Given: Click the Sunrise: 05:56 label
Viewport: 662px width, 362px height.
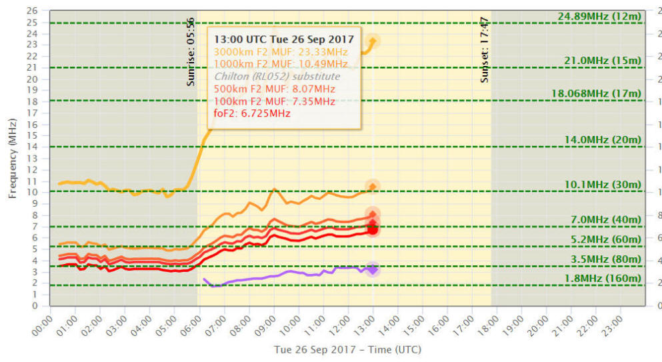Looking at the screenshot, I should (x=191, y=51).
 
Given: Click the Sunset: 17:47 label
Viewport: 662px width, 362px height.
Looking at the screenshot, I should (x=485, y=49).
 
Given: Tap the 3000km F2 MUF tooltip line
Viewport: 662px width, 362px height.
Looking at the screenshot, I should (x=281, y=51).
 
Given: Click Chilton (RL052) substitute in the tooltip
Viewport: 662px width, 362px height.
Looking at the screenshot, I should (x=277, y=76).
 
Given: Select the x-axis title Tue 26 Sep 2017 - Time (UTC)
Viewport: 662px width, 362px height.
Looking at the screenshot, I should (x=347, y=349).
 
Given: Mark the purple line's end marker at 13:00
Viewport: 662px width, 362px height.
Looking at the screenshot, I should (x=373, y=269).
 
